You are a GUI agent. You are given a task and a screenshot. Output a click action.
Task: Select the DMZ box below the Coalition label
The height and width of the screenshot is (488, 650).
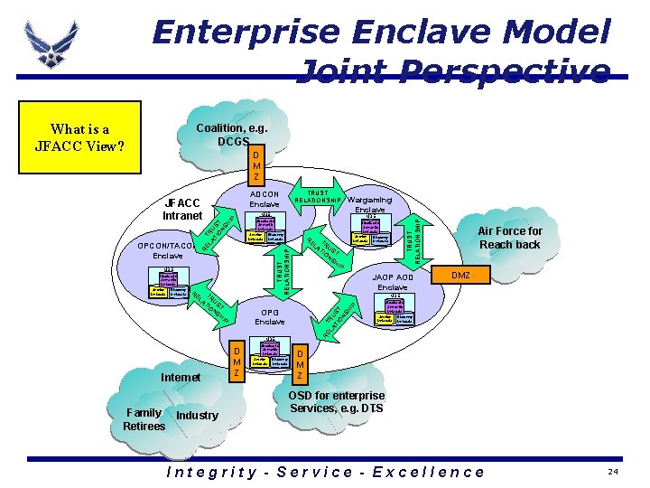[x=256, y=165]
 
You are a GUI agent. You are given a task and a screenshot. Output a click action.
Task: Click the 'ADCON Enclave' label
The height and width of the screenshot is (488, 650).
[x=265, y=199]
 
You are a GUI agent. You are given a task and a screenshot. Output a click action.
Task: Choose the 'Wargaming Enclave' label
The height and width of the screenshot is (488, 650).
[x=369, y=204]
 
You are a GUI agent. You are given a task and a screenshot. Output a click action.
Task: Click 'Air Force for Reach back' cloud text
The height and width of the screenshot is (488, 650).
[x=510, y=238]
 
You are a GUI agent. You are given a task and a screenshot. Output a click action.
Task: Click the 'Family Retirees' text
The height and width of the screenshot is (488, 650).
[x=144, y=418]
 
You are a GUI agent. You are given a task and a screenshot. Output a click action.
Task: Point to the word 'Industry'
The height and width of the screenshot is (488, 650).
[x=198, y=415]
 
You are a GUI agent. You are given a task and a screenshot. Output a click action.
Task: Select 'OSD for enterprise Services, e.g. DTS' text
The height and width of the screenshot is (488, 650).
[x=337, y=402]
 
